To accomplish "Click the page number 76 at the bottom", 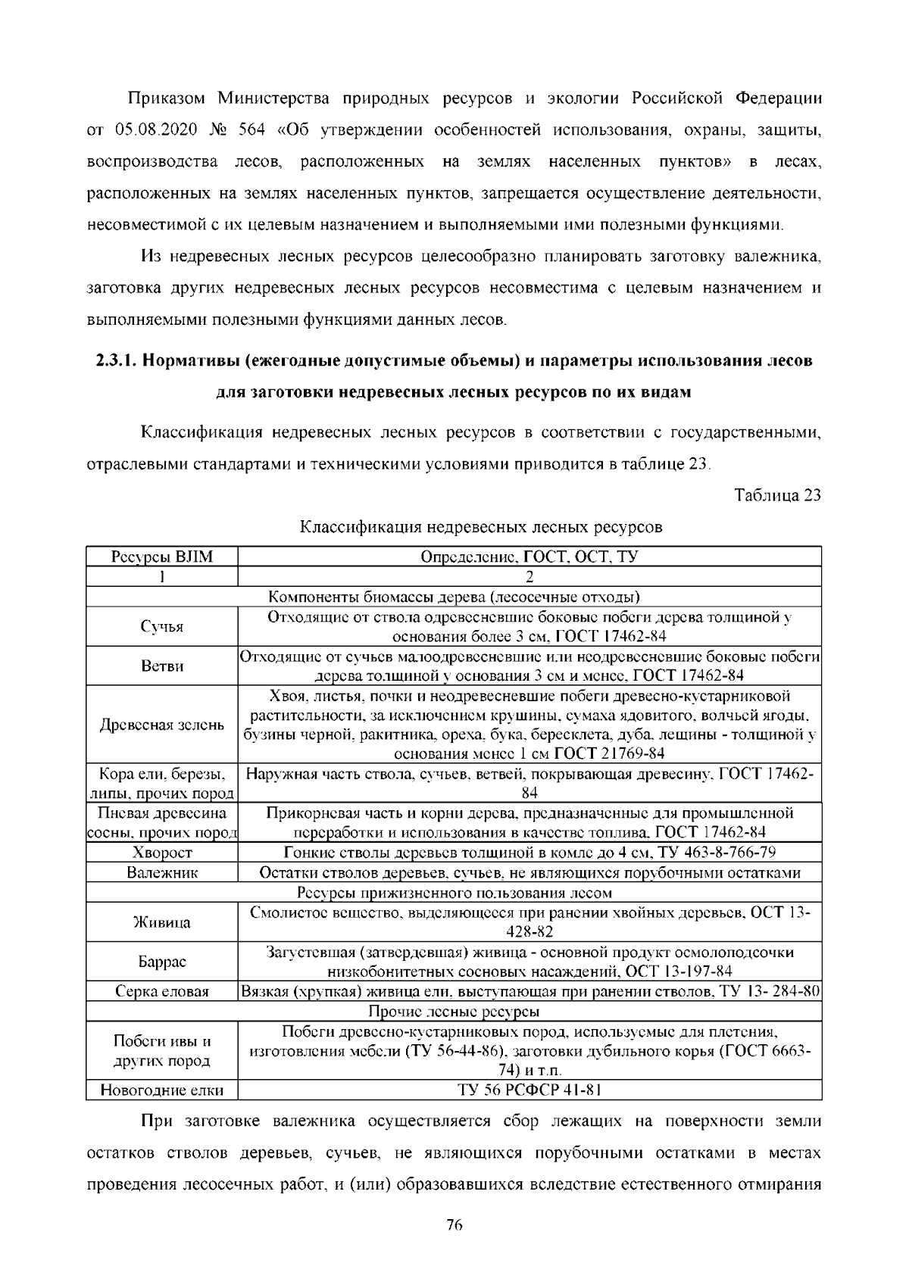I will click(454, 1226).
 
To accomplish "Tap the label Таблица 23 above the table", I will click(778, 496).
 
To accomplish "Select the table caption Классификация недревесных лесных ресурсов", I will click(480, 527).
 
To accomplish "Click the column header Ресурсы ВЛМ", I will click(162, 557).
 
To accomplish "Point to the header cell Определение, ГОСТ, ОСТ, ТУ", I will click(529, 557).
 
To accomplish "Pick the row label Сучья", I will click(162, 626).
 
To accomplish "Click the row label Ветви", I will click(162, 666).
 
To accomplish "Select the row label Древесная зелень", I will click(162, 725).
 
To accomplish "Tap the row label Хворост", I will click(162, 853).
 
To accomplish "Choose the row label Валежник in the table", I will click(162, 872).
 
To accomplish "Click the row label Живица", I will click(162, 922).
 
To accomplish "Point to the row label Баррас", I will click(162, 962).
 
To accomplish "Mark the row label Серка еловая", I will click(162, 991).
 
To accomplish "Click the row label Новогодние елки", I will click(162, 1090).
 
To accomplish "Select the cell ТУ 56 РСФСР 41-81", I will click(529, 1090).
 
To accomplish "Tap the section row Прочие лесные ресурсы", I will click(454, 1011).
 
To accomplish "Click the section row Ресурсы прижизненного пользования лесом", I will click(454, 893).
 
